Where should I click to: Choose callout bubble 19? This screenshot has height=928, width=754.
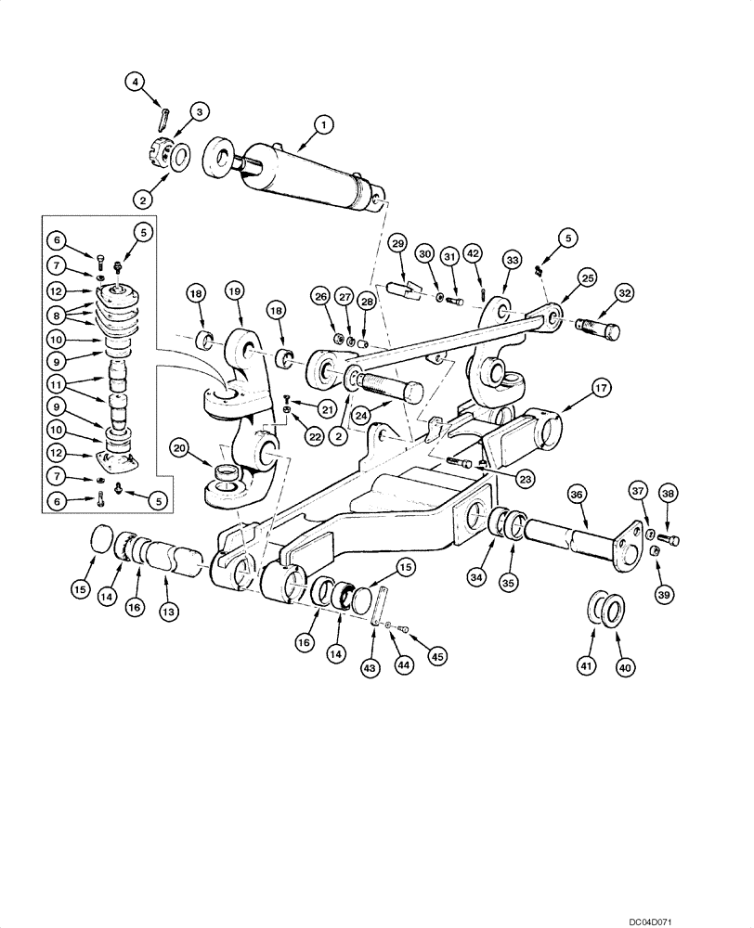(233, 290)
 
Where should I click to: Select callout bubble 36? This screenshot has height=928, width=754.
(575, 496)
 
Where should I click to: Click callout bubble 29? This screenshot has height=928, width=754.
(397, 243)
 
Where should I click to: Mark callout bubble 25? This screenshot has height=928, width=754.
(586, 277)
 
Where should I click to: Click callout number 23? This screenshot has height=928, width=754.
(526, 479)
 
